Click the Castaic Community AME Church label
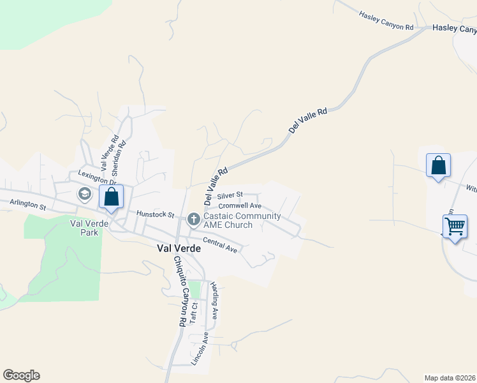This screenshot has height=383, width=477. coord(242,220)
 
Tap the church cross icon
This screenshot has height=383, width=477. coord(194,220)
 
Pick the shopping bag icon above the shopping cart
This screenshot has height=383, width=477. coord(438,165)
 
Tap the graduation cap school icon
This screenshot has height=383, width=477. coord(84,193)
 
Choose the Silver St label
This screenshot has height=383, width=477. coord(230,195)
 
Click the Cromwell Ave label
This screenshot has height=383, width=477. coord(240,206)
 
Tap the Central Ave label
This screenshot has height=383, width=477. coord(220,244)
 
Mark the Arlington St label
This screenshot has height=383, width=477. coord(28,206)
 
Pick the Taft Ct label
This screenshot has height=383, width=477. coord(194,313)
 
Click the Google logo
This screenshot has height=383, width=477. coord(21,375)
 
